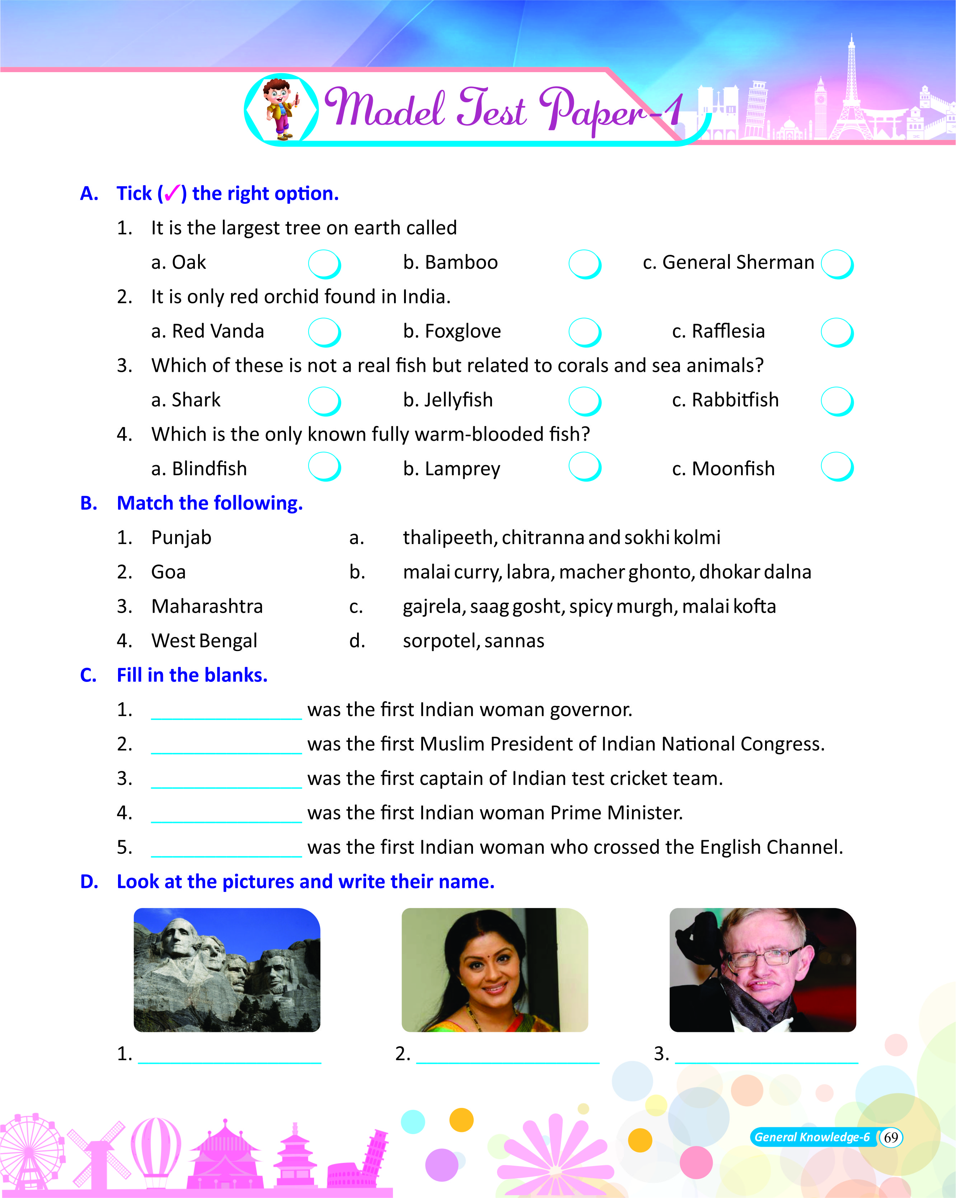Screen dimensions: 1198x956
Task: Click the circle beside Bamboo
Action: pyautogui.click(x=584, y=264)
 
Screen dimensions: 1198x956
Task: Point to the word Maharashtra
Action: pyautogui.click(x=207, y=606)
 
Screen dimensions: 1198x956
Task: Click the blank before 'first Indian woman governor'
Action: pyautogui.click(x=226, y=711)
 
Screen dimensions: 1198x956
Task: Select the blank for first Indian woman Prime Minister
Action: pyautogui.click(x=226, y=815)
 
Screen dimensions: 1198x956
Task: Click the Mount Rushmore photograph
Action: pyautogui.click(x=227, y=970)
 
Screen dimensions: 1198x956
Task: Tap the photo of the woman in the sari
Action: pyautogui.click(x=495, y=970)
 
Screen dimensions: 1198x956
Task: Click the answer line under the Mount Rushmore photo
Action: pyautogui.click(x=229, y=1056)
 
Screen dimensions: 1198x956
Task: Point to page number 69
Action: pyautogui.click(x=891, y=1137)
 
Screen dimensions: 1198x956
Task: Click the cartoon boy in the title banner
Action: pyautogui.click(x=281, y=108)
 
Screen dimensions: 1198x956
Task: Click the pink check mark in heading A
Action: pyautogui.click(x=172, y=193)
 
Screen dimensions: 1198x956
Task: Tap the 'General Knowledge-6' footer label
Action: pyautogui.click(x=812, y=1137)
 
